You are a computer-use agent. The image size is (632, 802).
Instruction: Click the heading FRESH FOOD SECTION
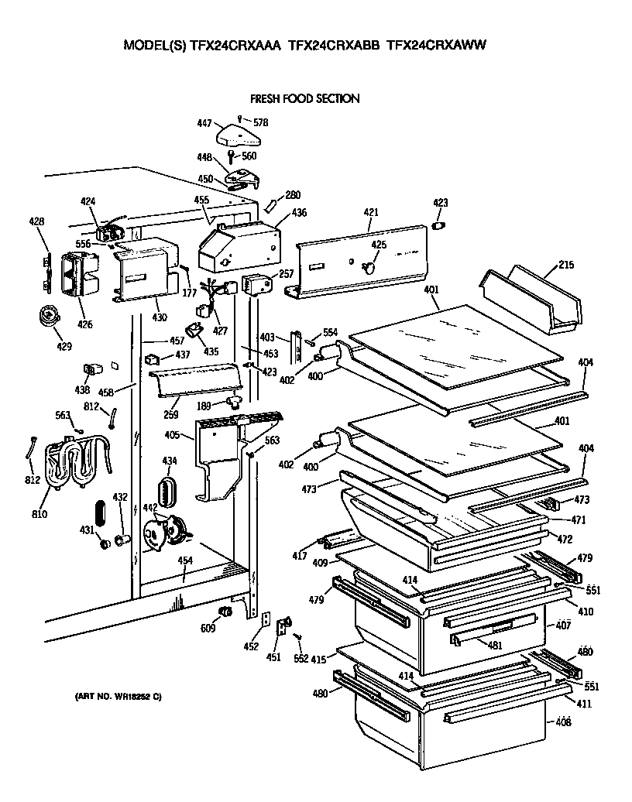point(304,99)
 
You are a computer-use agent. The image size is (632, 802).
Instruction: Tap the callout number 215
point(565,265)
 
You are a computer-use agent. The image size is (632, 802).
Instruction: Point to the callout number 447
point(204,123)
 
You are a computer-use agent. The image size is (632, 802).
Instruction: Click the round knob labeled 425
point(369,268)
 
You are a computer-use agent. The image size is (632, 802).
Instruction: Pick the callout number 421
point(371,212)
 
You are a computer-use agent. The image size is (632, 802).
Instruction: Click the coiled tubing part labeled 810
point(74,464)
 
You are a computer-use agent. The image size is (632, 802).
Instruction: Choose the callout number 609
point(208,629)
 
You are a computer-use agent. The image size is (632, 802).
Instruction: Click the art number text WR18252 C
point(118,697)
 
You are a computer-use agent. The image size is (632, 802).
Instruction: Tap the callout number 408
point(563,722)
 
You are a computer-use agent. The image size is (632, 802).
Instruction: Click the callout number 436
point(299,212)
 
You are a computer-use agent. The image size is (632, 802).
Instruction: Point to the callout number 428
point(37,221)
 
